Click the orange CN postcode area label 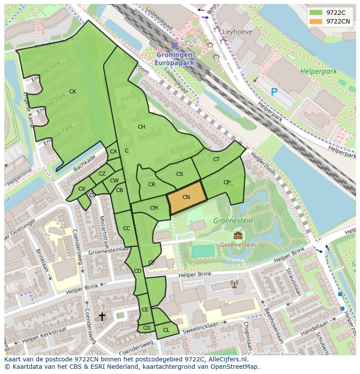coord(186,197)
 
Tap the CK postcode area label coord(73,92)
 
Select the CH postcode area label coord(141,127)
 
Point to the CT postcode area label coord(216,159)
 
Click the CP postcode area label coord(227,182)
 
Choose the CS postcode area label coord(180,174)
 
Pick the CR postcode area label coord(152,185)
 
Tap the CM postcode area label coord(154,208)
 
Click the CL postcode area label coord(166,330)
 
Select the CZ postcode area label coord(102,174)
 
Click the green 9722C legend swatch coord(316,13)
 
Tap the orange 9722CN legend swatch coord(316,21)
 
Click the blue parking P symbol coord(274,92)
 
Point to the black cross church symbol coord(102,317)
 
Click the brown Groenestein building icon coord(237,235)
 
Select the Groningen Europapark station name coord(174,59)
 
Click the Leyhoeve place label coord(237,32)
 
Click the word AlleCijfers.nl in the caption coord(227,360)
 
